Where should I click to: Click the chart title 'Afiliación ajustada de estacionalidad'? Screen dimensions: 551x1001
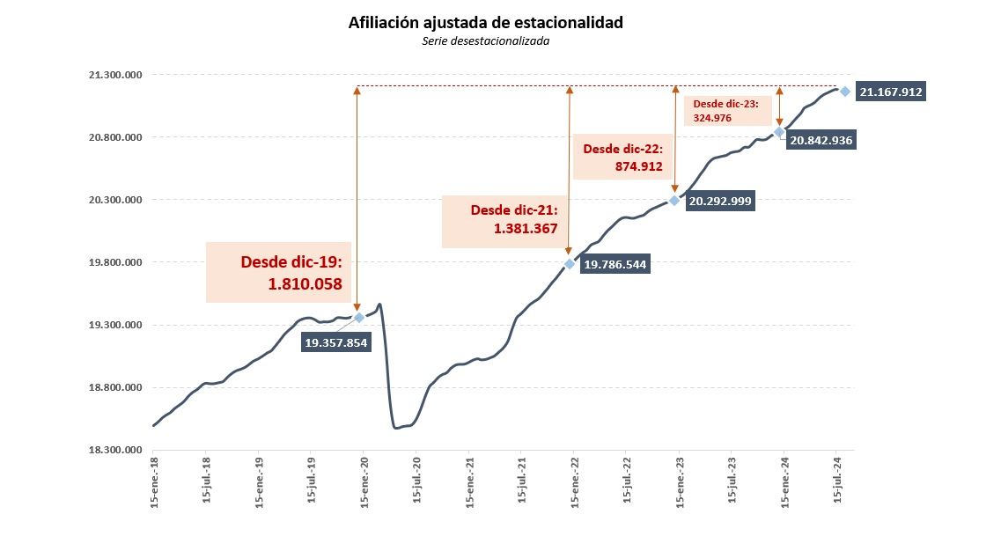(x=486, y=23)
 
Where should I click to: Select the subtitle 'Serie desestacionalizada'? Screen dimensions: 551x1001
(x=486, y=40)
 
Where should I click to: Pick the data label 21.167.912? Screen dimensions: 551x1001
(x=892, y=92)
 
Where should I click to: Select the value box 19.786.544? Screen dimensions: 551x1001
(x=615, y=264)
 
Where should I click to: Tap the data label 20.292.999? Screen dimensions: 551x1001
(x=720, y=201)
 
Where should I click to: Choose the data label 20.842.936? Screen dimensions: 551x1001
(x=821, y=140)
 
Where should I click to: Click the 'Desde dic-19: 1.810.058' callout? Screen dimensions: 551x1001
(x=278, y=272)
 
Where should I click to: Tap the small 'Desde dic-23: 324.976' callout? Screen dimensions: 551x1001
(x=728, y=110)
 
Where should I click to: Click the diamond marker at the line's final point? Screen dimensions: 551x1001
(x=844, y=92)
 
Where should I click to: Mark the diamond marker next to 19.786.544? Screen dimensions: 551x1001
(x=570, y=264)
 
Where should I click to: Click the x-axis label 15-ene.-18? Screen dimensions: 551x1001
(x=154, y=481)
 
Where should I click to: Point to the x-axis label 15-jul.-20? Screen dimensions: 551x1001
(x=416, y=481)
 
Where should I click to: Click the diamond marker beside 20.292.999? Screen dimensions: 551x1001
(x=674, y=201)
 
